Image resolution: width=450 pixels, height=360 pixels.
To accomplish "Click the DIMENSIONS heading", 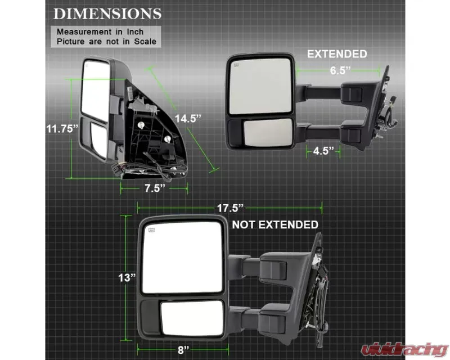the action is [107, 13].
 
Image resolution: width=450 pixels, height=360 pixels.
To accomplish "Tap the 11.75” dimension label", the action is [62, 129].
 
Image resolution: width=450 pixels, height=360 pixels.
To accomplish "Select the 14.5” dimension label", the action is [188, 118].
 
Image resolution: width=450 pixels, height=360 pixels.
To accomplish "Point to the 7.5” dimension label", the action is [155, 188].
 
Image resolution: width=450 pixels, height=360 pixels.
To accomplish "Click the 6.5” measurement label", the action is [340, 70].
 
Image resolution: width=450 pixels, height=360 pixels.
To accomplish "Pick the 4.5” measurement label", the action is [323, 151].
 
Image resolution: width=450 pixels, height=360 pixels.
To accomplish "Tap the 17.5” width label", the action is [230, 208].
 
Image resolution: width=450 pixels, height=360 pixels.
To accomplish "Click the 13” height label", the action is [127, 278].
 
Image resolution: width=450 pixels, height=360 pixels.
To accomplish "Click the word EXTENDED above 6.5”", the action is [337, 54].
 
